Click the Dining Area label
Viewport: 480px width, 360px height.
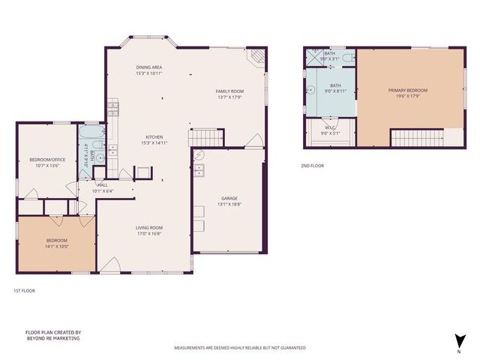coord(149,67)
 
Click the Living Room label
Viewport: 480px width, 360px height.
coord(149,227)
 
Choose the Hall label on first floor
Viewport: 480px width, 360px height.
coord(102,184)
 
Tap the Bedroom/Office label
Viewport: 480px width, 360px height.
coord(46,159)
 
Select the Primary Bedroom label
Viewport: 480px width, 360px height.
coord(407,91)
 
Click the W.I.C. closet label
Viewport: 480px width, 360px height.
coord(331,127)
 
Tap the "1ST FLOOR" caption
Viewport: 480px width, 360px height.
coord(24,290)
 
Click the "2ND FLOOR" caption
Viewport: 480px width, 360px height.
coord(312,165)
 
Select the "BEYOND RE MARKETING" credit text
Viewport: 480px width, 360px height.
coord(52,338)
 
